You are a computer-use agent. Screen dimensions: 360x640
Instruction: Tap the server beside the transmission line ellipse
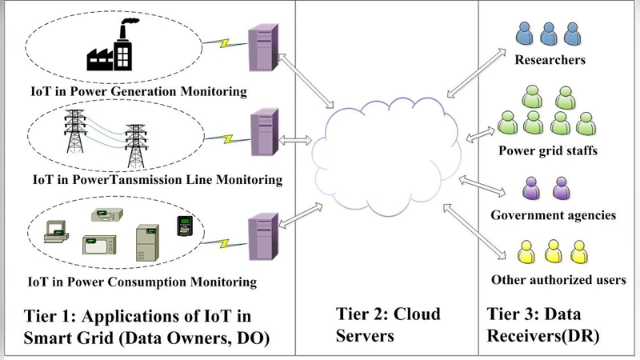tap(262, 138)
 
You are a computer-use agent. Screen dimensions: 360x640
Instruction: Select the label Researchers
tap(550, 60)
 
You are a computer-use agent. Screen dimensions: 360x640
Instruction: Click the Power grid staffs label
tap(550, 150)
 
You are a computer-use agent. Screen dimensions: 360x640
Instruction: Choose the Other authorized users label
tap(558, 279)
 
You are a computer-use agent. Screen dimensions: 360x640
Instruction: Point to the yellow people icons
tap(550, 252)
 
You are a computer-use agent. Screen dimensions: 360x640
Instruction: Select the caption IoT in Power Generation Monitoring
tap(136, 91)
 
